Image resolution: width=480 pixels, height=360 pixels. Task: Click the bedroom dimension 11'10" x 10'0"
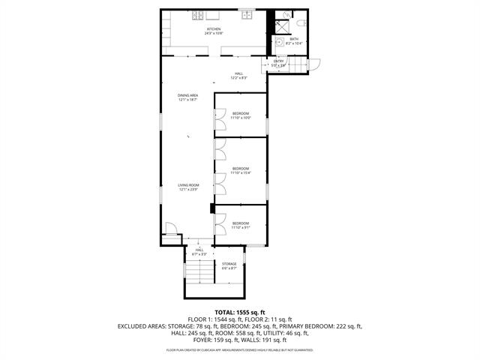point(240,117)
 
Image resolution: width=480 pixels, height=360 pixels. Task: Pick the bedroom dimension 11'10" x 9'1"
point(240,226)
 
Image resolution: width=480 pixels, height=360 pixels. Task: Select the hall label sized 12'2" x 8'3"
point(238,76)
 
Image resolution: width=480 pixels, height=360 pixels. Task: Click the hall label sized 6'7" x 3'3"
point(199,252)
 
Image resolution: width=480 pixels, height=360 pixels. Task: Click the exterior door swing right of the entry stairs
point(315,64)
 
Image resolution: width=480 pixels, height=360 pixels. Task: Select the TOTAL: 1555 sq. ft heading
point(240,312)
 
